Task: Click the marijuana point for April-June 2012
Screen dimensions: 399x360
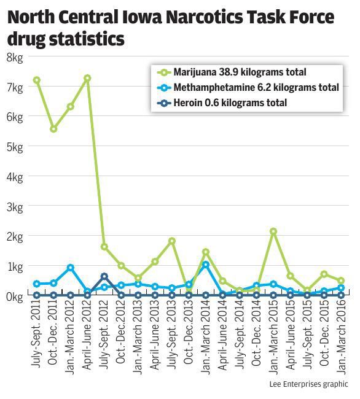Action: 87,78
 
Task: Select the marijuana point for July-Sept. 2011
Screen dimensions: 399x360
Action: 37,80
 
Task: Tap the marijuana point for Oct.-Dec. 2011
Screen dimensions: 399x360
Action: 53,129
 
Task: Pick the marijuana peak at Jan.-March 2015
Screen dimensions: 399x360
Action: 273,231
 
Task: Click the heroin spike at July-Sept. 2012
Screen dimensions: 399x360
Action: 104,277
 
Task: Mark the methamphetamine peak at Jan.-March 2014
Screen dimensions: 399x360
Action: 205,265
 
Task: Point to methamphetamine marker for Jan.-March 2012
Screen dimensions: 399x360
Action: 71,268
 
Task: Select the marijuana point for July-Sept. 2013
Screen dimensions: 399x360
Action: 172,241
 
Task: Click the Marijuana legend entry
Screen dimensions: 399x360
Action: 240,72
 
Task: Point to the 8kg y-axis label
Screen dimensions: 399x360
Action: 15,57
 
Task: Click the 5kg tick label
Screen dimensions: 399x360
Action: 15,147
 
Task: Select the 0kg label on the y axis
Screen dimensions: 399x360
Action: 15,296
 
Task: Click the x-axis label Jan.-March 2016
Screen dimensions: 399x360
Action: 341,338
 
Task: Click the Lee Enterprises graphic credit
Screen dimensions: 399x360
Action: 308,384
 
